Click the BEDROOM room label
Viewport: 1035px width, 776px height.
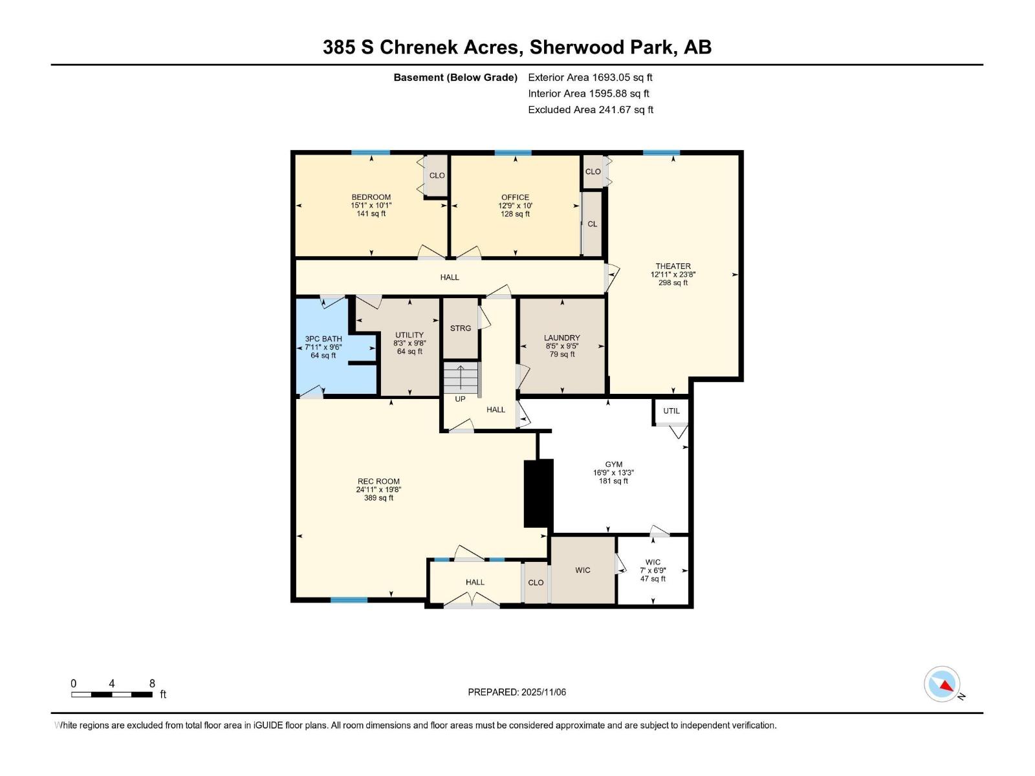pyautogui.click(x=371, y=197)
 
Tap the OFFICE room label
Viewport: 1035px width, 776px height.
pyautogui.click(x=515, y=197)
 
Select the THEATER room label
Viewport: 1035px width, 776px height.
pyautogui.click(x=673, y=266)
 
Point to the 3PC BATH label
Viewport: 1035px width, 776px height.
pyautogui.click(x=323, y=339)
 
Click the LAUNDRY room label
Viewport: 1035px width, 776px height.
pyautogui.click(x=561, y=338)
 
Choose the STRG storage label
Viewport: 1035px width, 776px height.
pyautogui.click(x=460, y=328)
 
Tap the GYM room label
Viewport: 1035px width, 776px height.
pyautogui.click(x=613, y=464)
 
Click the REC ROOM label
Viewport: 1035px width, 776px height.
pyautogui.click(x=378, y=481)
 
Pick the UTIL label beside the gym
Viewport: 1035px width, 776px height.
pyautogui.click(x=671, y=411)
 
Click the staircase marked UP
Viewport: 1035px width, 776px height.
pyautogui.click(x=461, y=378)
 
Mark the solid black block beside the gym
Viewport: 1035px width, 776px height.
pyautogui.click(x=538, y=493)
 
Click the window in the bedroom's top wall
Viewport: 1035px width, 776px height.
pyautogui.click(x=371, y=153)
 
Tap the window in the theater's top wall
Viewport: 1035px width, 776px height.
pyautogui.click(x=662, y=153)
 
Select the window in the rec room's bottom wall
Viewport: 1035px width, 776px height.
pyautogui.click(x=349, y=600)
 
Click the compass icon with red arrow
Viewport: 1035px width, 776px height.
pyautogui.click(x=942, y=684)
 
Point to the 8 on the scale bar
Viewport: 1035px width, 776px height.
pyautogui.click(x=152, y=683)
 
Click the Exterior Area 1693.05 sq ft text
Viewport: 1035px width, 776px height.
pyautogui.click(x=591, y=77)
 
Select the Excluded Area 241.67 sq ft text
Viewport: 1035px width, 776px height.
pyautogui.click(x=591, y=110)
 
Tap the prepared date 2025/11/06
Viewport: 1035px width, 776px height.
pyautogui.click(x=543, y=692)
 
